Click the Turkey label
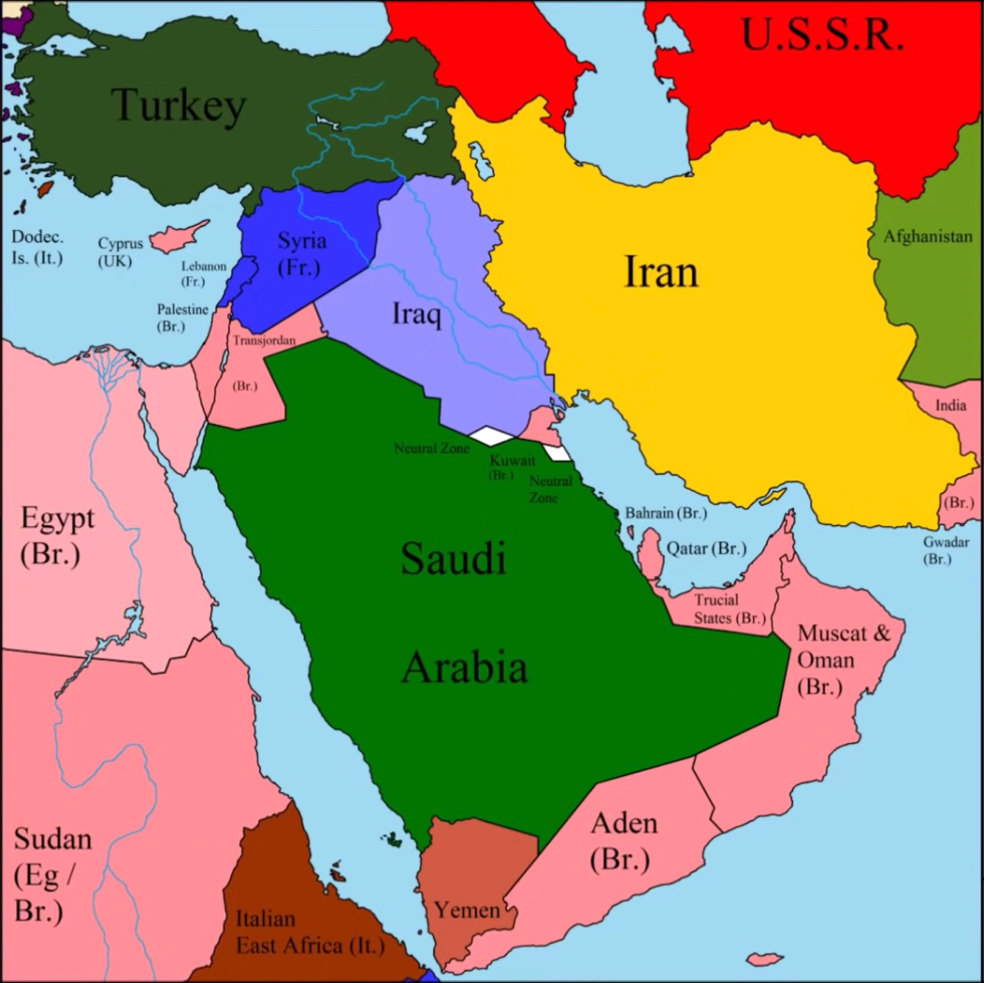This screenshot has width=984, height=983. click(178, 106)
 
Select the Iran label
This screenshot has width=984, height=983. click(661, 272)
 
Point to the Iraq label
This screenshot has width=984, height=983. click(417, 314)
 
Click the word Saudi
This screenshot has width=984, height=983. click(453, 559)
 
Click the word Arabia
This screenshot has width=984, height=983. click(464, 668)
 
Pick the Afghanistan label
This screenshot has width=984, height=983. click(927, 237)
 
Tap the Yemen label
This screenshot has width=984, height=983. click(467, 910)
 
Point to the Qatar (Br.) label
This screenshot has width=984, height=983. click(707, 547)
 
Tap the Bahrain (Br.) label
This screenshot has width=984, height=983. click(666, 512)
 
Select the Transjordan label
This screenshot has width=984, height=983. click(264, 340)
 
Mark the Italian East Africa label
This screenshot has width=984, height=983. click(309, 932)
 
